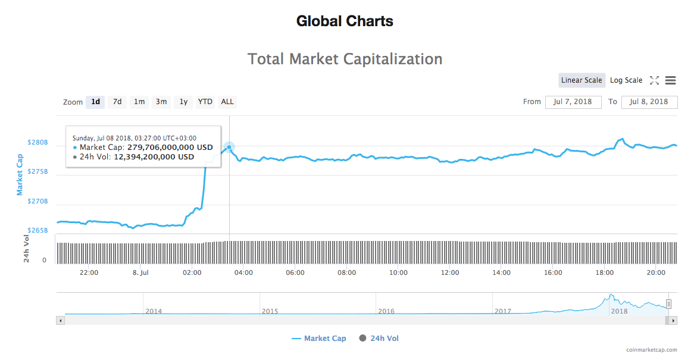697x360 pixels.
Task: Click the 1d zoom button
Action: [95, 102]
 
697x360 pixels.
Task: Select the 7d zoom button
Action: [117, 102]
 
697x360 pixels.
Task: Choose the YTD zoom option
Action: [205, 102]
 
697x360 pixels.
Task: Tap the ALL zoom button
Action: [227, 102]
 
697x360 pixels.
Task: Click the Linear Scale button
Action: [582, 80]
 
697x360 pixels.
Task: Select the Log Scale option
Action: [626, 80]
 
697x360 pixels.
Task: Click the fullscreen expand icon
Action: [654, 80]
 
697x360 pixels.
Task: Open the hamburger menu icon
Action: [670, 80]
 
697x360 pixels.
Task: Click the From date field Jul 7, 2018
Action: [573, 102]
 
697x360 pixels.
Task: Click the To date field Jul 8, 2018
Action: [649, 102]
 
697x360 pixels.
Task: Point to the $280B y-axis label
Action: [37, 143]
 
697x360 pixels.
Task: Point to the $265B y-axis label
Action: [37, 230]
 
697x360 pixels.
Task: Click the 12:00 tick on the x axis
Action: [450, 273]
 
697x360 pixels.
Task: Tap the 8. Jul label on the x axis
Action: [140, 273]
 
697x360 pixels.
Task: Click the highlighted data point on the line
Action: [229, 147]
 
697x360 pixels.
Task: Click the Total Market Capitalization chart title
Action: [345, 60]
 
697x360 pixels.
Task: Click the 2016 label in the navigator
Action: [386, 311]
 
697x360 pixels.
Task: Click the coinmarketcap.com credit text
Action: [651, 350]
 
